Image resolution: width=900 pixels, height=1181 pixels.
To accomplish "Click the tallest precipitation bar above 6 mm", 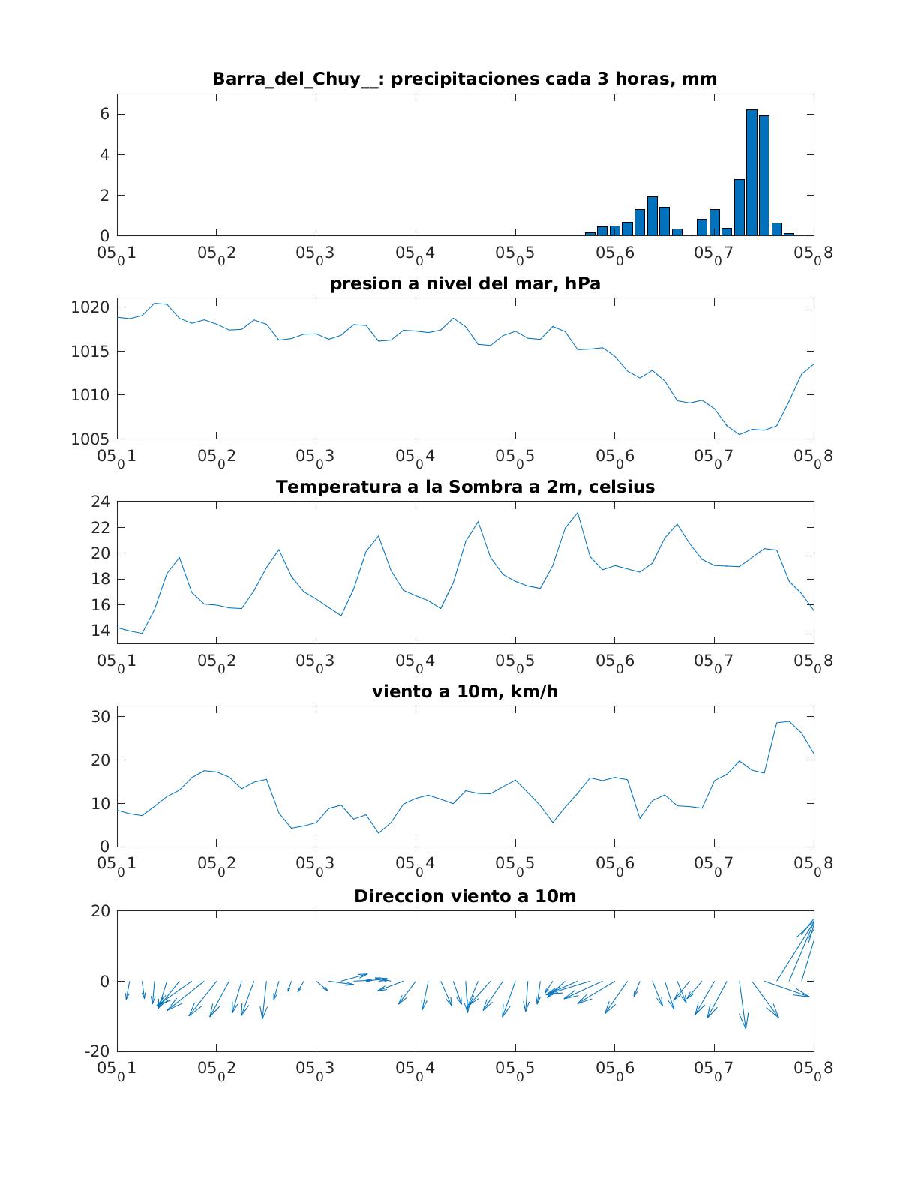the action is pyautogui.click(x=751, y=172).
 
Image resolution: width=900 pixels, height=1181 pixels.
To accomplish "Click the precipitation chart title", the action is pyautogui.click(x=465, y=79).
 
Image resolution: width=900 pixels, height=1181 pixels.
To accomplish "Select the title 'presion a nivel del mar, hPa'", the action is pyautogui.click(x=465, y=283).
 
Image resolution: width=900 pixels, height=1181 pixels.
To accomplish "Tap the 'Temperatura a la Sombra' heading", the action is pyautogui.click(x=465, y=487).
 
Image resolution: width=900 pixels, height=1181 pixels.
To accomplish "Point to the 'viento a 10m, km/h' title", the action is pyautogui.click(x=465, y=691).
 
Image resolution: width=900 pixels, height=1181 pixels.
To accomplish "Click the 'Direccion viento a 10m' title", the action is pyautogui.click(x=465, y=896).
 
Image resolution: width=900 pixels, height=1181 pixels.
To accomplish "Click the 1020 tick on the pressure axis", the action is pyautogui.click(x=91, y=307).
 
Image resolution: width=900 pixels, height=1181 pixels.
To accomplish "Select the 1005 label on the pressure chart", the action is pyautogui.click(x=91, y=439).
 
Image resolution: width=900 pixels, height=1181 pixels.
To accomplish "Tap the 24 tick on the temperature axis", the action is pyautogui.click(x=100, y=502).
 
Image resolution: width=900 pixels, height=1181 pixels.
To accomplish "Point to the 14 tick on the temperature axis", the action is pyautogui.click(x=100, y=630).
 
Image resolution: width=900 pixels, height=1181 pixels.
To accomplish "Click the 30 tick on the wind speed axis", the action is pyautogui.click(x=100, y=717).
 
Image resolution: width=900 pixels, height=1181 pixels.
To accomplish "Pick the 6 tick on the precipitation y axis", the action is pyautogui.click(x=104, y=114).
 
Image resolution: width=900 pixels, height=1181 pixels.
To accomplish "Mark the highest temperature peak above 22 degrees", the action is pyautogui.click(x=577, y=513).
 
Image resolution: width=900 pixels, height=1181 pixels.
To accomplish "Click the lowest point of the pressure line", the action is pyautogui.click(x=739, y=434).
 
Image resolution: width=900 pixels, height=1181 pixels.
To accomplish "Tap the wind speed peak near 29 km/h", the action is pyautogui.click(x=789, y=721).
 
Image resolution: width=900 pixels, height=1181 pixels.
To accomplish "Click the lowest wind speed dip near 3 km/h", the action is pyautogui.click(x=379, y=833).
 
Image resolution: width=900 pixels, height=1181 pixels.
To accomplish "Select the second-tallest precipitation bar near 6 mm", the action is pyautogui.click(x=764, y=176).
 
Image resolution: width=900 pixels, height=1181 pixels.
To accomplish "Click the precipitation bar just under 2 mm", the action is pyautogui.click(x=652, y=216).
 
